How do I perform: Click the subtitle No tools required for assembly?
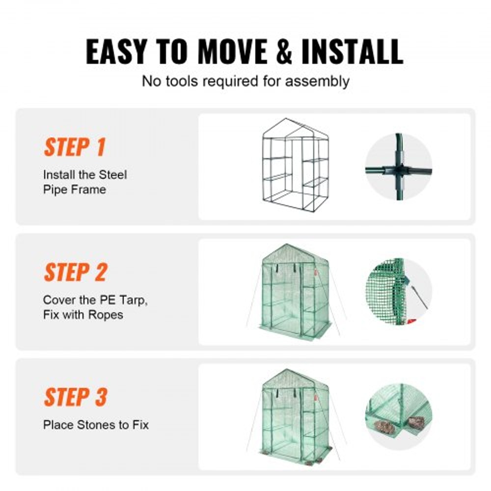point(245,81)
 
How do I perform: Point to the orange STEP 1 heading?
point(75,147)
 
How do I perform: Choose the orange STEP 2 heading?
point(75,273)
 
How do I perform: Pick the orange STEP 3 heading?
point(75,397)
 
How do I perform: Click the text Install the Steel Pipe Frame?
point(84,182)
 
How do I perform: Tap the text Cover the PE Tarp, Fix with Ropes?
point(95,307)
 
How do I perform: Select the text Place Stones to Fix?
point(96,424)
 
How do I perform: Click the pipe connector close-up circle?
point(399,167)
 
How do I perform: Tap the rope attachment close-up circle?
point(399,292)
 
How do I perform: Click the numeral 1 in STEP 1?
point(100,147)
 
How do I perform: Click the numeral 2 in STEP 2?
point(100,273)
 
